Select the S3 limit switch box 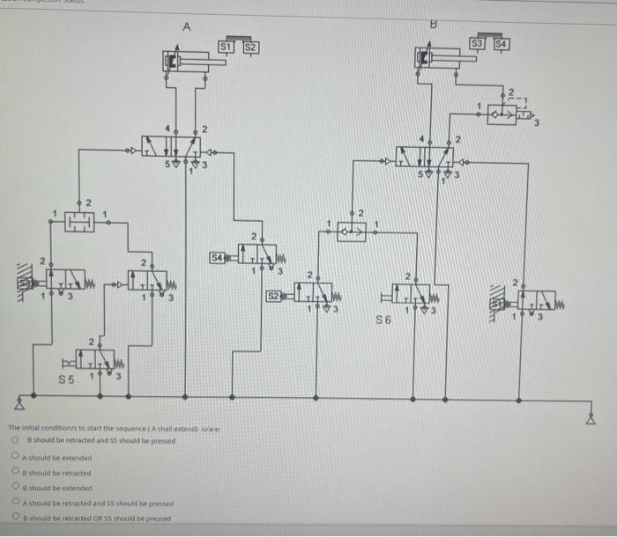pos(478,42)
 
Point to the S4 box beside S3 pos(501,42)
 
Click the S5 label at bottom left pos(66,379)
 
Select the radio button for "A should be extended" pos(16,457)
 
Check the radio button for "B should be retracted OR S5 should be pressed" pos(16,518)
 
